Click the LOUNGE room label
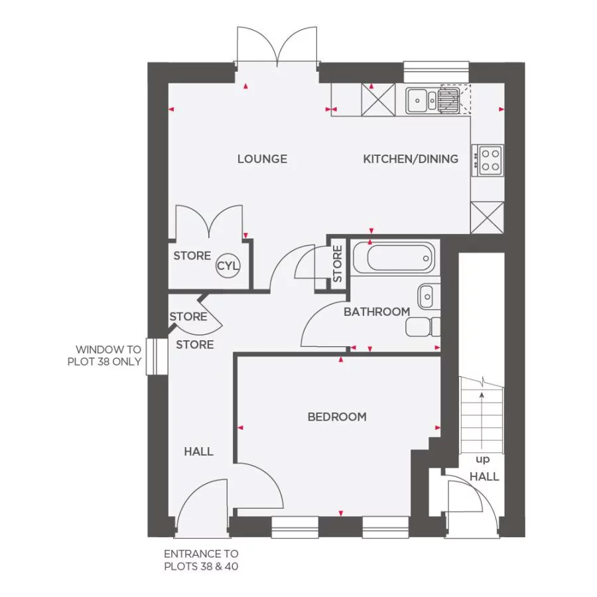pyautogui.click(x=262, y=159)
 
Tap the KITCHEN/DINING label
pyautogui.click(x=411, y=159)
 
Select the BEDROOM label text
pyautogui.click(x=337, y=417)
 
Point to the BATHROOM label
pyautogui.click(x=376, y=312)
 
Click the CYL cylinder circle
pyautogui.click(x=228, y=267)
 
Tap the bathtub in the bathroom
pyautogui.click(x=393, y=258)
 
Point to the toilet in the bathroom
pyautogui.click(x=424, y=327)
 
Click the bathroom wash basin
pyautogui.click(x=427, y=294)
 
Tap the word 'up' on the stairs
pyautogui.click(x=482, y=459)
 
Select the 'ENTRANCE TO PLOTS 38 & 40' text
pyautogui.click(x=201, y=560)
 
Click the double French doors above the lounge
pyautogui.click(x=277, y=48)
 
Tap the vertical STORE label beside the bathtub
pyautogui.click(x=337, y=263)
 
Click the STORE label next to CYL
pyautogui.click(x=192, y=256)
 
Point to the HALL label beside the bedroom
pyautogui.click(x=198, y=452)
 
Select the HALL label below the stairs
pyautogui.click(x=484, y=476)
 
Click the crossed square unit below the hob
pyautogui.click(x=487, y=217)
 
